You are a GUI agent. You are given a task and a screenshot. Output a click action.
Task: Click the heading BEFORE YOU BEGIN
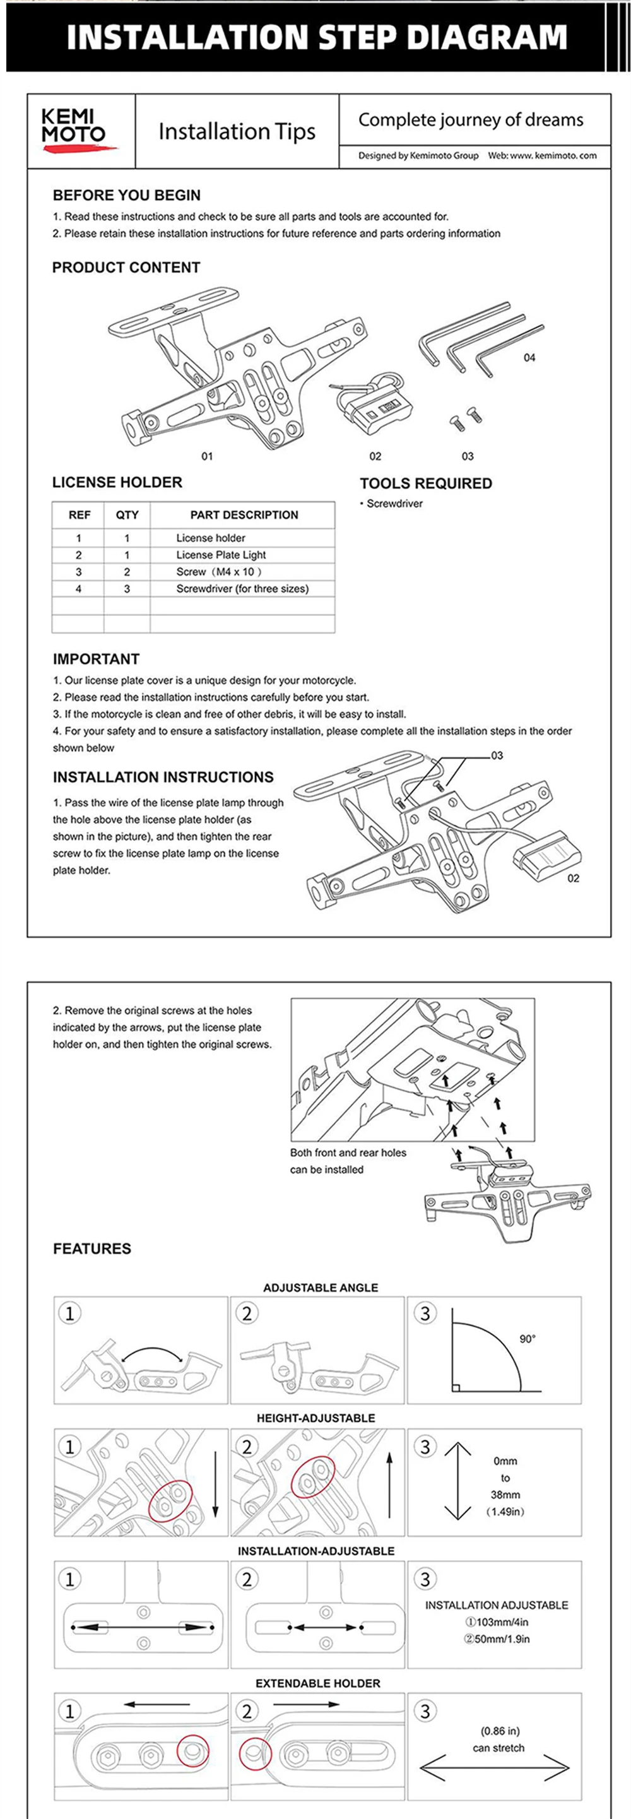pos(126,195)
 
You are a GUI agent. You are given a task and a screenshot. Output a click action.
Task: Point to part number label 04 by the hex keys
pos(529,357)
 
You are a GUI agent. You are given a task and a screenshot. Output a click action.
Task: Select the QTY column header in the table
pos(127,515)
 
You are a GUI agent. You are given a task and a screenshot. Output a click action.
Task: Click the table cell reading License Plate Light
pos(221,555)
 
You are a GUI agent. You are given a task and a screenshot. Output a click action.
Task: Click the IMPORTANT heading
pos(96,659)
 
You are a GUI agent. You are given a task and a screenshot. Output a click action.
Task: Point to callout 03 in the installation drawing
pos(497,755)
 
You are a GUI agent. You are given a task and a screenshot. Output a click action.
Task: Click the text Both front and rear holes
pos(348,1152)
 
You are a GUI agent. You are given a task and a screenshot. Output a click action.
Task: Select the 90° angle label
pos(528,1339)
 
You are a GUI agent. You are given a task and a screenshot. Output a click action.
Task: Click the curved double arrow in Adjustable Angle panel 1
pos(153,1351)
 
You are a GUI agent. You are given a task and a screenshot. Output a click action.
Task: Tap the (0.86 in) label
pos(500,1731)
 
